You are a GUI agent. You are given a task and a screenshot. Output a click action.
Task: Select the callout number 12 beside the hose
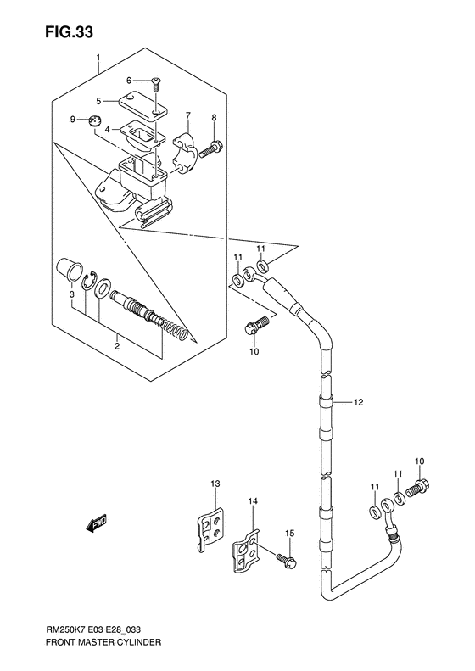pyautogui.click(x=358, y=402)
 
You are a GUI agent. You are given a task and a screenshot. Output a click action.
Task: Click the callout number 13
pyautogui.click(x=215, y=484)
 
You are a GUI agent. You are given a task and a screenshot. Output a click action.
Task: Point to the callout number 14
pyautogui.click(x=252, y=502)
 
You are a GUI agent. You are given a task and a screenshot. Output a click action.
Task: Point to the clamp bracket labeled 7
pyautogui.click(x=184, y=150)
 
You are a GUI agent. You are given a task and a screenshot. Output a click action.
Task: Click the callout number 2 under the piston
pyautogui.click(x=117, y=345)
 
